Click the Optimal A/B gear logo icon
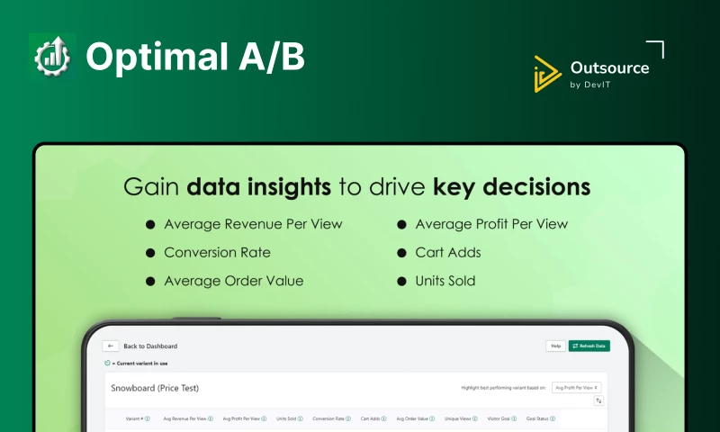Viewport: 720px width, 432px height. (x=52, y=56)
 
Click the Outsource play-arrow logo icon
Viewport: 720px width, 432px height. (x=547, y=74)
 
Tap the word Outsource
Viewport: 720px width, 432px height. (x=609, y=67)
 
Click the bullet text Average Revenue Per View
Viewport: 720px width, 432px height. (x=253, y=224)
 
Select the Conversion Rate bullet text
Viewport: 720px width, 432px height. (x=217, y=252)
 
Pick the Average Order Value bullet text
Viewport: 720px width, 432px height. (x=233, y=281)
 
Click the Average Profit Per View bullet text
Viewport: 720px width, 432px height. (x=491, y=224)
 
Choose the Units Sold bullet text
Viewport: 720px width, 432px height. (x=445, y=281)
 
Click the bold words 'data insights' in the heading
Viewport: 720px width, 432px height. (x=257, y=187)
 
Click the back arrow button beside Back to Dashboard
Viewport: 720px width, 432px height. (x=111, y=346)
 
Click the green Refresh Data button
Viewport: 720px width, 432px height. (x=589, y=346)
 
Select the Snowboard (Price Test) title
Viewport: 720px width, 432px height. (x=154, y=388)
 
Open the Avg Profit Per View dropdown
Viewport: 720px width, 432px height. (x=577, y=387)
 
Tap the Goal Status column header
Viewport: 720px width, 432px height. (x=540, y=418)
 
